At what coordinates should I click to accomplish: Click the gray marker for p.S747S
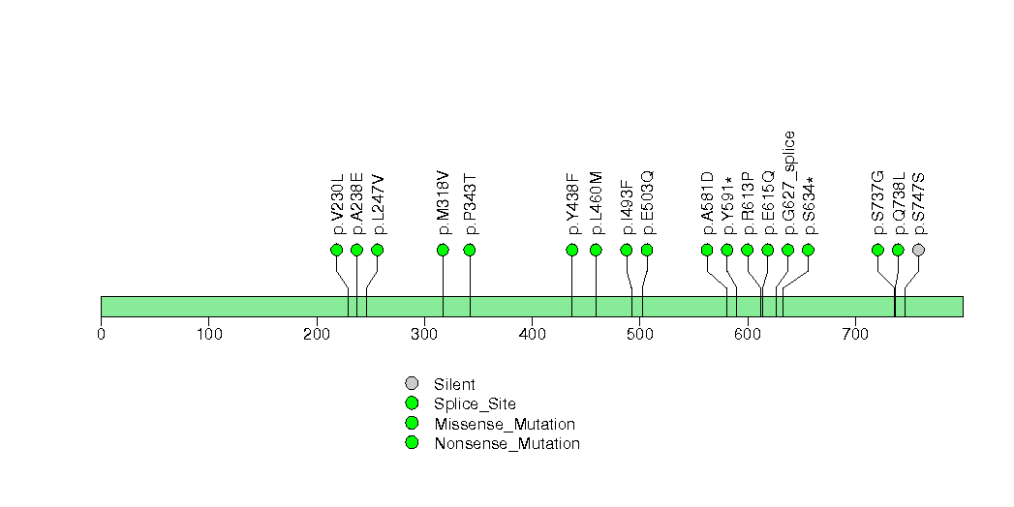[918, 250]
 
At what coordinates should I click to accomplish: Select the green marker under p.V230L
[336, 250]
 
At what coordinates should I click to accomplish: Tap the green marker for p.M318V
[443, 250]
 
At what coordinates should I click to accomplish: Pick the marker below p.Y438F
[571, 250]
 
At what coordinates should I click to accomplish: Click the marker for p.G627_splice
[787, 250]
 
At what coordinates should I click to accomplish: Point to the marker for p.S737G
[877, 250]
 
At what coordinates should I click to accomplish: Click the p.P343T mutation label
[470, 204]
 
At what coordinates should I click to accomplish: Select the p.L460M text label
[596, 204]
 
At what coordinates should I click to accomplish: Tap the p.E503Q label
[647, 203]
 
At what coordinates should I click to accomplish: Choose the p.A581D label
[707, 203]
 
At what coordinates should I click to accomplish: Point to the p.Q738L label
[898, 203]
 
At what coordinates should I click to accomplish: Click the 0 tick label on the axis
[101, 335]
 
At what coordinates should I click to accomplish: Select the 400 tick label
[532, 335]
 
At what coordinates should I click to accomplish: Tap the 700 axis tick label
[854, 335]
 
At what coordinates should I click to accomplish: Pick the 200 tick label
[317, 335]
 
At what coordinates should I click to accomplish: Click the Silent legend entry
[454, 385]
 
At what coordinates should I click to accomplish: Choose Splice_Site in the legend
[475, 404]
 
